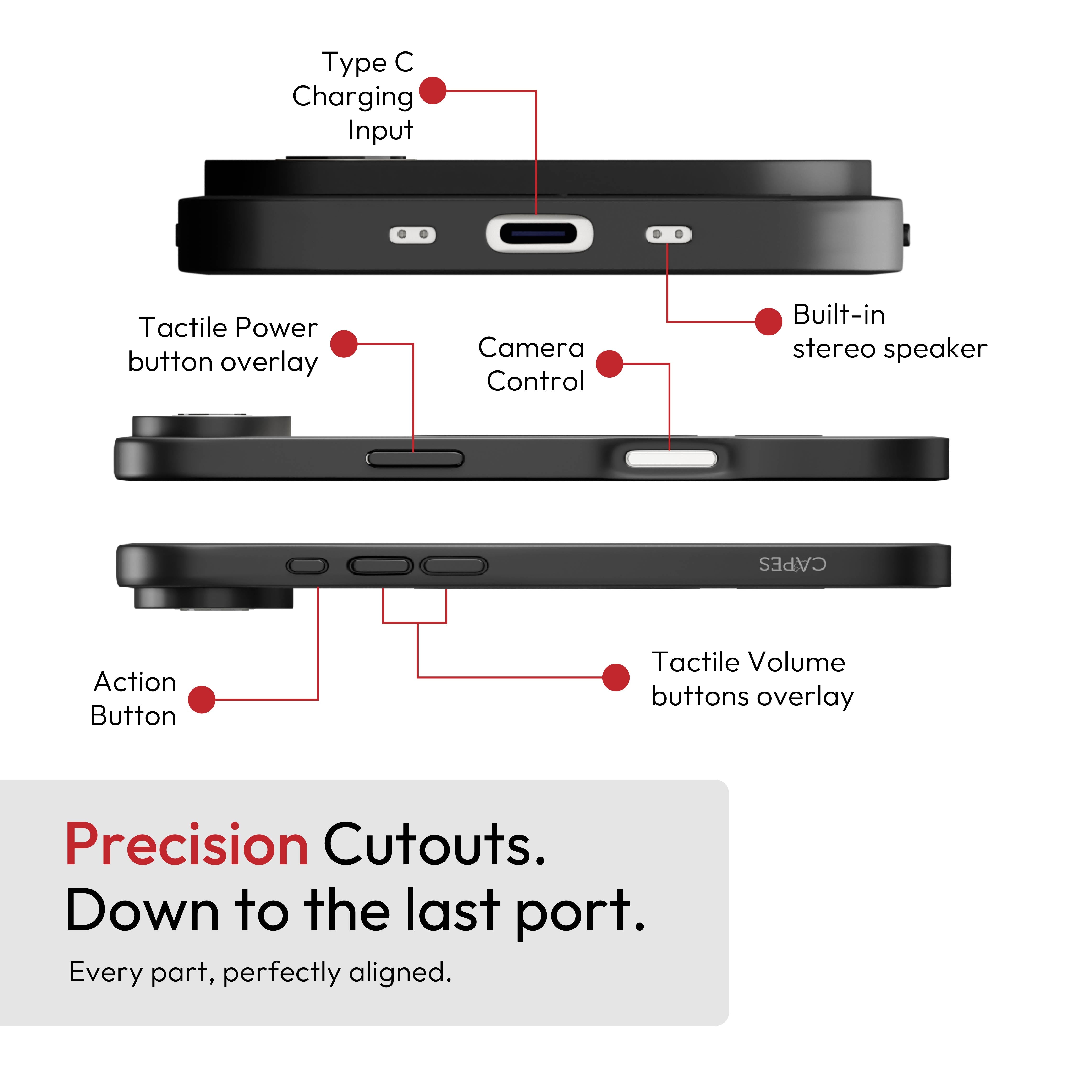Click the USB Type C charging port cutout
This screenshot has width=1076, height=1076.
coord(539,234)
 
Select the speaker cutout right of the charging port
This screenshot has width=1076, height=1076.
coord(668,235)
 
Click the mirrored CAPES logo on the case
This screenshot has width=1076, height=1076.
coord(792,564)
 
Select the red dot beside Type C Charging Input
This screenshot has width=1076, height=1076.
coord(433,91)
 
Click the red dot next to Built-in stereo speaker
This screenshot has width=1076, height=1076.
coord(769,321)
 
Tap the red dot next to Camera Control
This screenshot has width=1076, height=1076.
coord(609,364)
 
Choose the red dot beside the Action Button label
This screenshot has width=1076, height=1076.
coord(202,699)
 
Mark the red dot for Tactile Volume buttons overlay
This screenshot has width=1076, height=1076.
coord(616,677)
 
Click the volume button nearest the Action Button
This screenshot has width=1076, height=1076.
coord(380,566)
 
